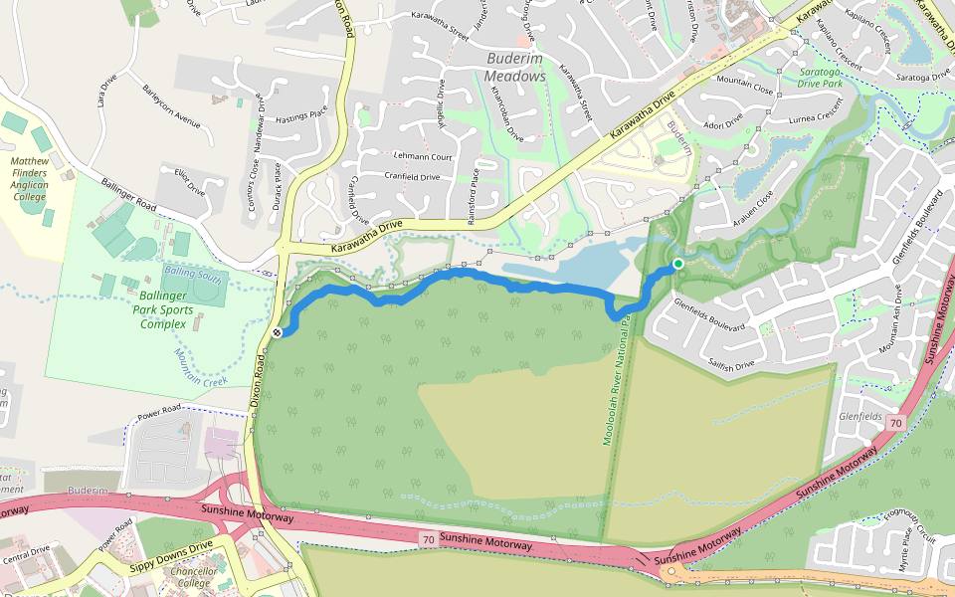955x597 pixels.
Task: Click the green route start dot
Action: coord(677,264)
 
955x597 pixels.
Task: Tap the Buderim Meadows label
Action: coord(516,68)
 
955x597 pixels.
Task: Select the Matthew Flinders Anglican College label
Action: coord(29,178)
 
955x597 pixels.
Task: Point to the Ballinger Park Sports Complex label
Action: coord(163,309)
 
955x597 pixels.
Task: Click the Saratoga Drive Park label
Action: coord(834,78)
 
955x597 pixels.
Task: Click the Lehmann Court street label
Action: coord(423,157)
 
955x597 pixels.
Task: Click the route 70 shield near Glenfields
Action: coord(895,424)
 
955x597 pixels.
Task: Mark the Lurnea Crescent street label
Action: coord(816,117)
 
